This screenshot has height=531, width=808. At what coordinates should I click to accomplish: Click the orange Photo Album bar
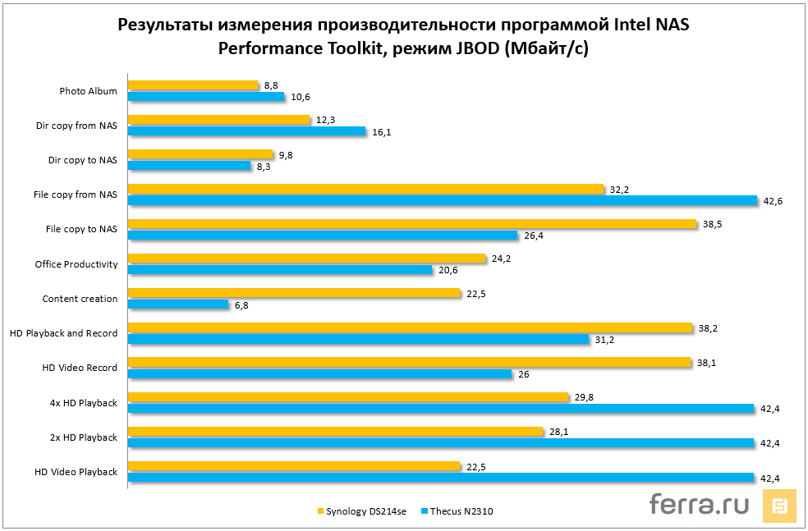point(193,85)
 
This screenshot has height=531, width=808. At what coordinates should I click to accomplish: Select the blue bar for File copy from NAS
point(443,200)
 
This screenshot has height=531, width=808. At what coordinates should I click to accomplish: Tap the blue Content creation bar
point(178,304)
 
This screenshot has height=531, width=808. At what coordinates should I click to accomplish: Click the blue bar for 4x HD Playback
point(441,409)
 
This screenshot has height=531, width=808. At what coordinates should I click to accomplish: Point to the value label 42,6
point(772,201)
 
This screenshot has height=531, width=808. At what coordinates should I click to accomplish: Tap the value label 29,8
point(581,396)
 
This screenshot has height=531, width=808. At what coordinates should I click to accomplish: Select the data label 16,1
point(380,131)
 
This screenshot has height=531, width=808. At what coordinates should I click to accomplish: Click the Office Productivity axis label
point(76,264)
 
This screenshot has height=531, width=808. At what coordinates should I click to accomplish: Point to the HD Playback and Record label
point(64,333)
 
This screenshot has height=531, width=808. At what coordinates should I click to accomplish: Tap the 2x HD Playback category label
point(83,437)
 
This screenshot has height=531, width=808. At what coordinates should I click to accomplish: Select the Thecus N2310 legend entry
point(457,511)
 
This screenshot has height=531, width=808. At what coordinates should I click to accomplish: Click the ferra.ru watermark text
point(699,504)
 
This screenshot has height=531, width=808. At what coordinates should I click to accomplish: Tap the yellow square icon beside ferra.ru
point(780,506)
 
